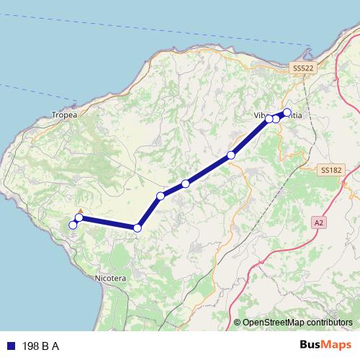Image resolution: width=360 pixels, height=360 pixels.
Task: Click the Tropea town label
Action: [63, 114]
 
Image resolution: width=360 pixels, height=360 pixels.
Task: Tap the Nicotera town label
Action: [110, 277]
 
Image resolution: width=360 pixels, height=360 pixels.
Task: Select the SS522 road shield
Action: [304, 67]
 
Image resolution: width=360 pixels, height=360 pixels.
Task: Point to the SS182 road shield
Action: [331, 170]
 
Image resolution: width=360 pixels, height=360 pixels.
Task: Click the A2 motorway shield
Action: [319, 223]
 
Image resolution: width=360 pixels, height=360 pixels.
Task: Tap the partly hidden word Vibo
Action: [261, 115]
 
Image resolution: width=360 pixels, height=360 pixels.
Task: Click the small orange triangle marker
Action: [81, 211]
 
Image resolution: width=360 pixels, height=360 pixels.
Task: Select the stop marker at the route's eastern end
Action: [287, 112]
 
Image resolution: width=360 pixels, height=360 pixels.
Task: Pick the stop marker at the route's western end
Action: [73, 225]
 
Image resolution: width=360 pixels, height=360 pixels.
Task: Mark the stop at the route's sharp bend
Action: [137, 228]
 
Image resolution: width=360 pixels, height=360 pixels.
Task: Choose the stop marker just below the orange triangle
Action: [79, 217]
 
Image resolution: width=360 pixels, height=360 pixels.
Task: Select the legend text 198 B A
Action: [41, 346]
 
